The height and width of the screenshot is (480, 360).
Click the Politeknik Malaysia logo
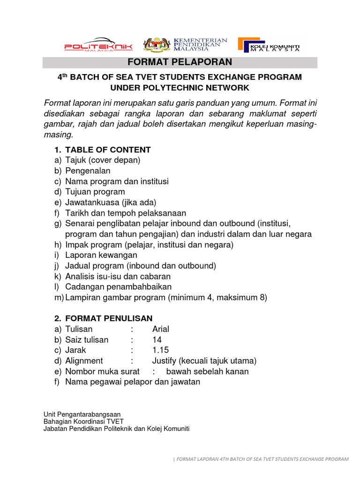(x=98, y=45)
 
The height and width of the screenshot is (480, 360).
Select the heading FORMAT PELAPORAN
(x=180, y=62)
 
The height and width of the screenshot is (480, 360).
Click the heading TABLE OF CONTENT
(x=108, y=150)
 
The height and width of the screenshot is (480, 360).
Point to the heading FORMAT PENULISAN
(x=109, y=318)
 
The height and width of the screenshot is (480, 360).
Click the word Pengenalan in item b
(x=88, y=171)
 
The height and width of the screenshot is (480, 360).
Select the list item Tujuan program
(x=95, y=192)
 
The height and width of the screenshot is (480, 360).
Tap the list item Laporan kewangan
(x=101, y=255)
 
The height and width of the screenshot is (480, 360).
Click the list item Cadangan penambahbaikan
(x=118, y=286)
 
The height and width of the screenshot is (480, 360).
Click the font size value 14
(x=157, y=340)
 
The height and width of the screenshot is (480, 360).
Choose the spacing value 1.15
(x=160, y=350)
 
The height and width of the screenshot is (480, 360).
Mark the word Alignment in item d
(x=84, y=361)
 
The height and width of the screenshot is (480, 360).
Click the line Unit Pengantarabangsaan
(x=82, y=414)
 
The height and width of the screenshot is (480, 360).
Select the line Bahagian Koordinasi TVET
(x=83, y=421)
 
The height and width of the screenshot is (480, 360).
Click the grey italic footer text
(x=261, y=459)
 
